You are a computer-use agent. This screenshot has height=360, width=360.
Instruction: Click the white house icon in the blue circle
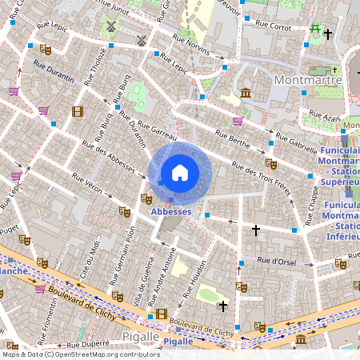(x=180, y=172)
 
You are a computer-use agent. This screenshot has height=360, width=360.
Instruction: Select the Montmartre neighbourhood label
(x=307, y=80)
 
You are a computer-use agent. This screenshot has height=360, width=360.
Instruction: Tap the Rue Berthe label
(x=232, y=137)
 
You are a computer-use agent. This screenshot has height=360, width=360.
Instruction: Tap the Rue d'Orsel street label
(x=278, y=260)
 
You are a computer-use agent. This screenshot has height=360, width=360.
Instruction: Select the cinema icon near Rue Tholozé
(x=77, y=111)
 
